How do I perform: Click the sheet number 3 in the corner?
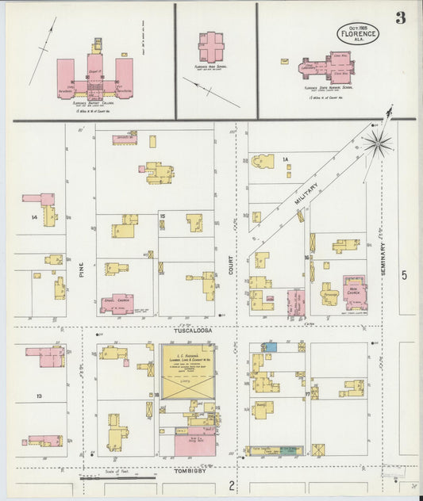(x=400, y=18)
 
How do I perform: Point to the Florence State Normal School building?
(x=329, y=68)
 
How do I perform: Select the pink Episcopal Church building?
(x=117, y=304)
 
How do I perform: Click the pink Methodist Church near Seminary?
(x=355, y=293)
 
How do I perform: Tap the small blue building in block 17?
(x=270, y=347)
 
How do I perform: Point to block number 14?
(x=34, y=216)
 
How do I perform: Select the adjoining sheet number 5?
(x=404, y=275)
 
